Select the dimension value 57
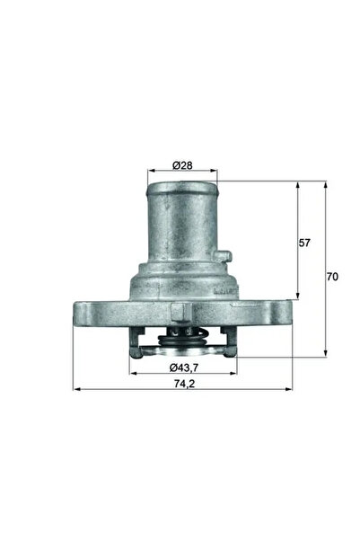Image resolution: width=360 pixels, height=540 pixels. tap(306, 243)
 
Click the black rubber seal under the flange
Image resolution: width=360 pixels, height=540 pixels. tap(184, 342)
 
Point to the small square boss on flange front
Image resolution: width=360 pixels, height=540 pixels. tap(184, 311)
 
